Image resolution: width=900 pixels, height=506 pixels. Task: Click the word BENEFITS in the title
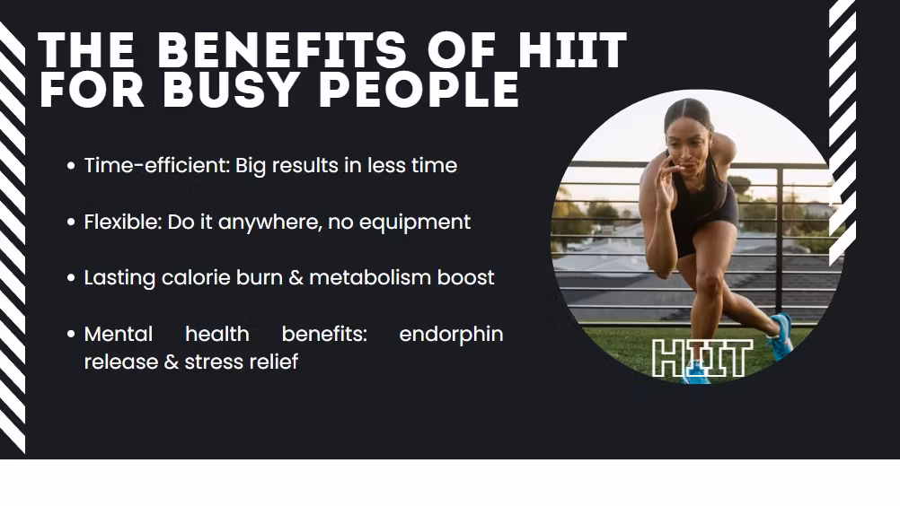[x=282, y=50]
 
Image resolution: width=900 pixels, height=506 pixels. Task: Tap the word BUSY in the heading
[x=230, y=89]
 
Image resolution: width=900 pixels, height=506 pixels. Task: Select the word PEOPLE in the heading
[x=419, y=89]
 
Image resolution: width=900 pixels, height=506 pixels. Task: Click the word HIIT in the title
[x=572, y=50]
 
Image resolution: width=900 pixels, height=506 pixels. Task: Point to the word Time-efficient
[x=156, y=165]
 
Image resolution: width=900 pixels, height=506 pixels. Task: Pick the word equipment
[x=415, y=222]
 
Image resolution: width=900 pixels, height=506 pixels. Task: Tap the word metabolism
[x=370, y=277]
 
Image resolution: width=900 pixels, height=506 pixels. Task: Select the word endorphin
[x=451, y=335]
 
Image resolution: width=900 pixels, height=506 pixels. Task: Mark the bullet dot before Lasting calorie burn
[x=71, y=278]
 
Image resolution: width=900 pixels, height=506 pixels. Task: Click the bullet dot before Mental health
[x=71, y=334]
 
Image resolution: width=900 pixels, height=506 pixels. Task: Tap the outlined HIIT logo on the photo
[x=702, y=358]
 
